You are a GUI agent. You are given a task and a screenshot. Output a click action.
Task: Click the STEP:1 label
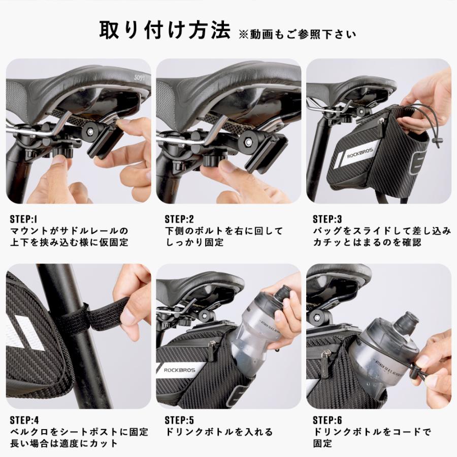24,219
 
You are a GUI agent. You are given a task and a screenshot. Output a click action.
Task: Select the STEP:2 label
179,219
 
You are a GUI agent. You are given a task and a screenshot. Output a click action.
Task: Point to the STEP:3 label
328,219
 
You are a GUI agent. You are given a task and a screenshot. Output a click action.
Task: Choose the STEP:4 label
24,420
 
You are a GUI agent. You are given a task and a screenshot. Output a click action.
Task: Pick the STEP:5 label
179,420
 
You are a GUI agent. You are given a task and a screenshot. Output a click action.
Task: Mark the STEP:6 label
328,420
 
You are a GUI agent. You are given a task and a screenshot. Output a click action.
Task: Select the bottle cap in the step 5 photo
283,293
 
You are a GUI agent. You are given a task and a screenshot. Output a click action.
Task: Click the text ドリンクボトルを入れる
219,432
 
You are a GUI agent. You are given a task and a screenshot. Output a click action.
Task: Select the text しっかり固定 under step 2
194,242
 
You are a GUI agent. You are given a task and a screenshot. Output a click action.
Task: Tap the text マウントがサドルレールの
69,231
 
